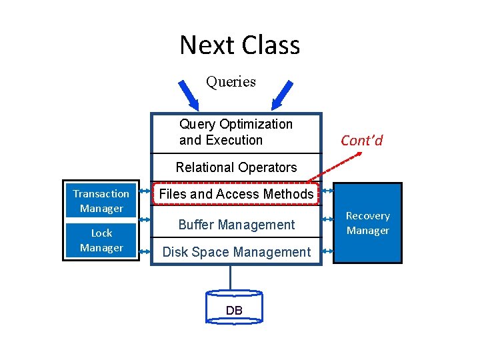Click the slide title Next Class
[239, 45]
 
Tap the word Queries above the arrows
[231, 82]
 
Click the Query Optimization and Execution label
[236, 132]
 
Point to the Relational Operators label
[236, 167]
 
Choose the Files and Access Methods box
[236, 194]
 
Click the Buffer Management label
[236, 225]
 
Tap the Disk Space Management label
[236, 252]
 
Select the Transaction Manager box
[101, 201]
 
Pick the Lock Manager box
[101, 240]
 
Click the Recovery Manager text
[367, 223]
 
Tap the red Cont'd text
[361, 141]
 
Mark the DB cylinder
[234, 308]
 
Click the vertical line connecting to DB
[231, 277]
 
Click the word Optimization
[255, 124]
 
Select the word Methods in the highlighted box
[288, 194]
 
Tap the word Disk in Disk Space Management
[175, 252]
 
